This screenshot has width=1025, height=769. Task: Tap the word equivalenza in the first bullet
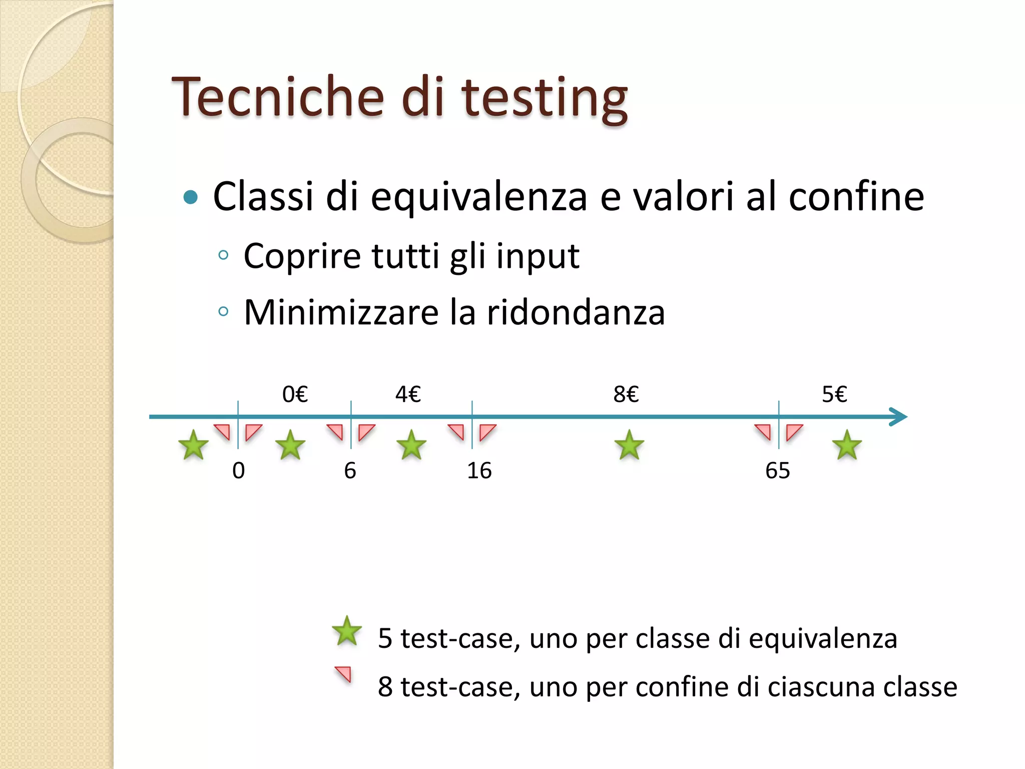pos(478,197)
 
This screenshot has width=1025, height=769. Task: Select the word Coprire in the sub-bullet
pos(302,256)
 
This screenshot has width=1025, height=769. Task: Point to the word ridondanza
pos(576,312)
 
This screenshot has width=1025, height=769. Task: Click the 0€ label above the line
pos(295,395)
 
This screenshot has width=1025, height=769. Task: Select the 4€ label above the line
pos(408,395)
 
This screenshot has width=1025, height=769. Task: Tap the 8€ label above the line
pos(626,395)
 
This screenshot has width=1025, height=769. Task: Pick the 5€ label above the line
pos(834,395)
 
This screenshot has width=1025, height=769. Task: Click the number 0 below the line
pos(239,471)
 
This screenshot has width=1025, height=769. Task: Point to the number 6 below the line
pos(350,471)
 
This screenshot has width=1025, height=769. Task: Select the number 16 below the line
pos(479,471)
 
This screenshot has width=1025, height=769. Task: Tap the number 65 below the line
pos(777,471)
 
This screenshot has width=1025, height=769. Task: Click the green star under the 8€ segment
pos(629,445)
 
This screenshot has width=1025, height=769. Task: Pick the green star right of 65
pos(847,445)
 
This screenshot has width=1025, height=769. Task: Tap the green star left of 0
pos(193,445)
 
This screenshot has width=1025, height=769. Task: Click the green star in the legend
pos(347,631)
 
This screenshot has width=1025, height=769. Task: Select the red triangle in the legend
pos(344,674)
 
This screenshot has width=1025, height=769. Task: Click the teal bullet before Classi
pos(191,197)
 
